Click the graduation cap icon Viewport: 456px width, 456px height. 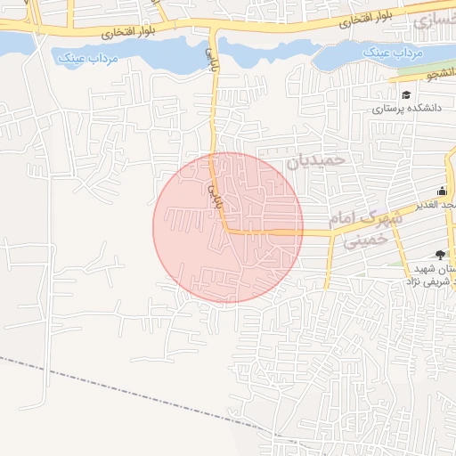pyautogui.click(x=406, y=94)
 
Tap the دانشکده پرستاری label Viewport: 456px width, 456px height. pyautogui.click(x=402, y=109)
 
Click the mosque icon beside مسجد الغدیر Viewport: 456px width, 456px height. pyautogui.click(x=442, y=190)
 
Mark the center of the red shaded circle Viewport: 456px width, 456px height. pyautogui.click(x=228, y=227)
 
